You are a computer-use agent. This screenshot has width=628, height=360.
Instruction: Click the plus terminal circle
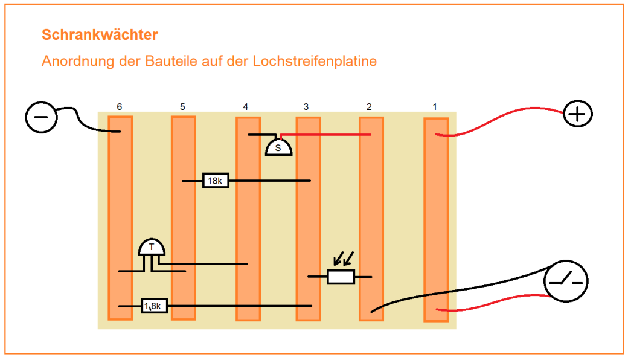(x=578, y=114)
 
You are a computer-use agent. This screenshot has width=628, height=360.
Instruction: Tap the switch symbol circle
(x=566, y=281)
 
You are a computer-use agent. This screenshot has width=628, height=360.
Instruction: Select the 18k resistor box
(x=216, y=181)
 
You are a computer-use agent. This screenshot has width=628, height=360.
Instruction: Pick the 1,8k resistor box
(x=155, y=306)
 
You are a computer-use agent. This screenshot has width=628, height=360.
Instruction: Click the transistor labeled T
(x=152, y=247)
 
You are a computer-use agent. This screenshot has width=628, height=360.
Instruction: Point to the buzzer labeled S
(x=278, y=147)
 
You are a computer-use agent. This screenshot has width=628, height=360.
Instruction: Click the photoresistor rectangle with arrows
(x=341, y=277)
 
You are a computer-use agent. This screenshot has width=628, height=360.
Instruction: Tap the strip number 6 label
(x=120, y=107)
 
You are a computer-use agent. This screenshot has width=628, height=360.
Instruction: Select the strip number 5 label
(x=182, y=107)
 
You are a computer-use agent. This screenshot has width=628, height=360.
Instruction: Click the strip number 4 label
(x=245, y=107)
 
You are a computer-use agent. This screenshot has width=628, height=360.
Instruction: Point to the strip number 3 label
(x=306, y=107)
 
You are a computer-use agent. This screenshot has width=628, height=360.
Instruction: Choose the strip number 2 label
(x=369, y=107)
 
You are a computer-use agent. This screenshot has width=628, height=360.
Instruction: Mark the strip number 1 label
(x=434, y=107)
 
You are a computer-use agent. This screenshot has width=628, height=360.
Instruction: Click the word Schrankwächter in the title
(x=100, y=35)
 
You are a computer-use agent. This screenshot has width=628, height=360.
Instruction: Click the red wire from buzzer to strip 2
(x=326, y=135)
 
